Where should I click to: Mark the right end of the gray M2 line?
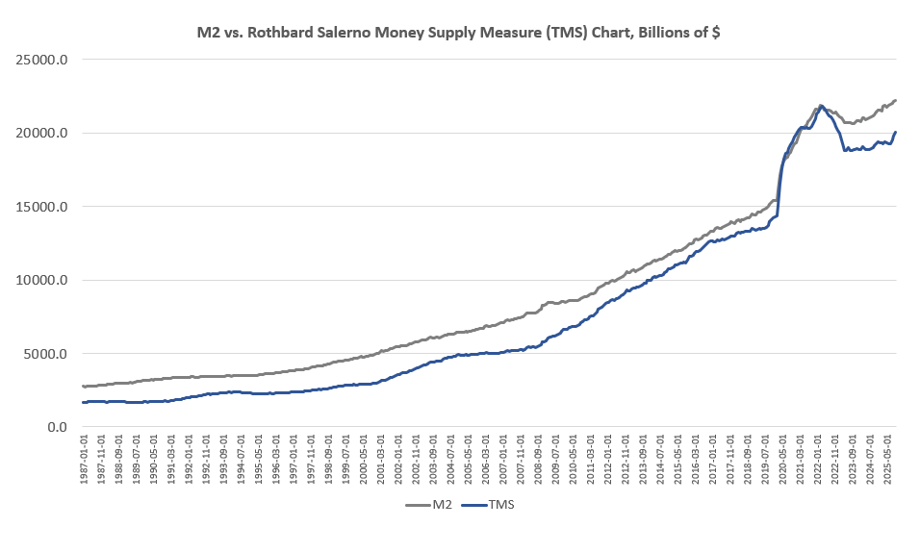pyautogui.click(x=896, y=100)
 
